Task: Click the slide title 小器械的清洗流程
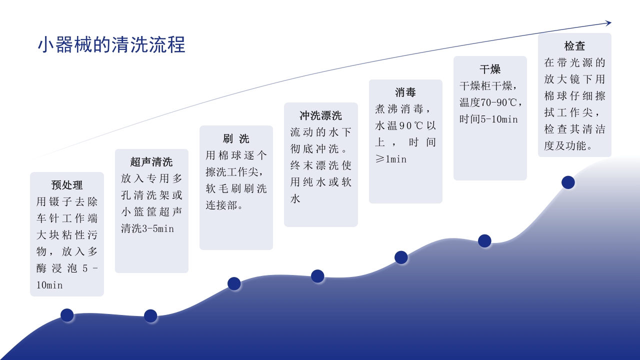click(x=111, y=44)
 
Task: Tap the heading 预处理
click(x=67, y=185)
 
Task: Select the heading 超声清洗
click(x=151, y=162)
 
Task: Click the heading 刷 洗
click(x=236, y=138)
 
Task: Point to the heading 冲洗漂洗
click(x=320, y=115)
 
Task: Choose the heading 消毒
click(x=405, y=92)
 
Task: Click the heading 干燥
click(x=490, y=69)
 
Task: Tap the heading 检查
click(x=574, y=46)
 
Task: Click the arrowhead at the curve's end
click(x=608, y=22)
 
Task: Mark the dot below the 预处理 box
click(x=67, y=315)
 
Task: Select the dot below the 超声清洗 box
click(x=150, y=316)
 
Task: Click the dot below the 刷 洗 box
click(x=234, y=283)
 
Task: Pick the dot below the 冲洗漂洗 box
click(x=317, y=276)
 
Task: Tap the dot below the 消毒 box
click(x=401, y=257)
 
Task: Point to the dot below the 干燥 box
click(x=484, y=241)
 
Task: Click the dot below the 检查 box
click(x=568, y=182)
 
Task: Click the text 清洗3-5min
click(x=147, y=228)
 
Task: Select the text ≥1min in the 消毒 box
click(x=391, y=159)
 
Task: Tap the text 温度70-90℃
click(x=488, y=102)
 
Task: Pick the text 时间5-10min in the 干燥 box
click(x=488, y=119)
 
